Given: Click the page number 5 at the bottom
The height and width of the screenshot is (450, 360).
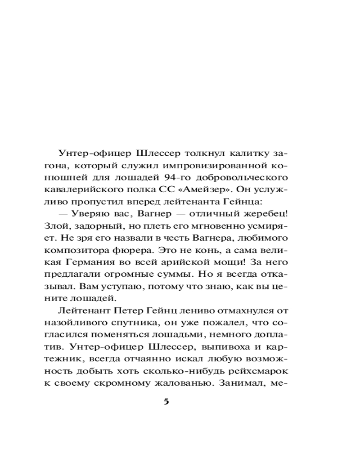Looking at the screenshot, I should tap(166, 402).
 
